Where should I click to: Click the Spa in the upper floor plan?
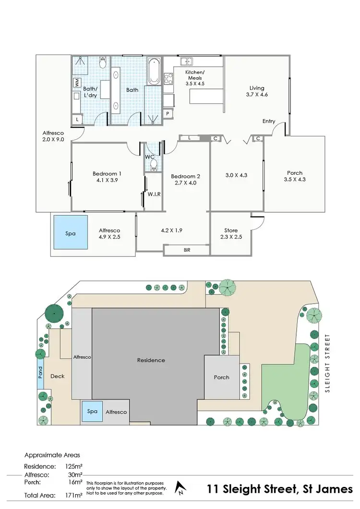click(71, 232)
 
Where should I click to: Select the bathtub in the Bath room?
click(154, 71)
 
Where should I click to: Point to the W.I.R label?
click(154, 194)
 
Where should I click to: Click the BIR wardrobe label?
click(187, 250)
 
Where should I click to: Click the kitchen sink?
click(186, 61)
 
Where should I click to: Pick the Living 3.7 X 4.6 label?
click(257, 91)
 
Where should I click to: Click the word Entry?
click(269, 121)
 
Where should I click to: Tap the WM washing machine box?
click(76, 82)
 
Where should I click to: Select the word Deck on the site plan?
click(58, 376)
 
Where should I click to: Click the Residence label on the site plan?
click(151, 360)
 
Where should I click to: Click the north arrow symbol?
click(180, 487)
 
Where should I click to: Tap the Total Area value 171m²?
click(73, 495)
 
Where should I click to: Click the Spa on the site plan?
click(92, 412)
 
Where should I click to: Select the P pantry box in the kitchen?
click(168, 113)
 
